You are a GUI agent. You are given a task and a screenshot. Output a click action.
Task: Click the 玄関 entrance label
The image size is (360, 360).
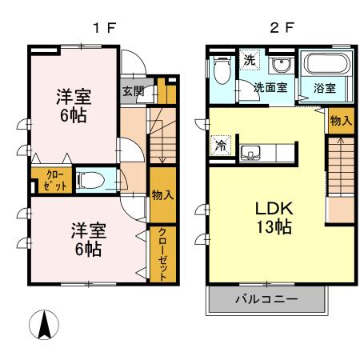(134, 91)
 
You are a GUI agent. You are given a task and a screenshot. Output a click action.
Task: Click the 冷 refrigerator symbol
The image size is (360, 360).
(219, 146)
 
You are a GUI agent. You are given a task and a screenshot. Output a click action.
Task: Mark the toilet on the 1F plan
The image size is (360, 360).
(98, 179)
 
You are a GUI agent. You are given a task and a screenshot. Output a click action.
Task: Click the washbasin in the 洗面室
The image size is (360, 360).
(280, 66)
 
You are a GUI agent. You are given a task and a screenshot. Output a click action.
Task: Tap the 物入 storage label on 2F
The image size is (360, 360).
(339, 120)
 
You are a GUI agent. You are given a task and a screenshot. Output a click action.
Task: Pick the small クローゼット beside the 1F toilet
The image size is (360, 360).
(54, 180)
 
